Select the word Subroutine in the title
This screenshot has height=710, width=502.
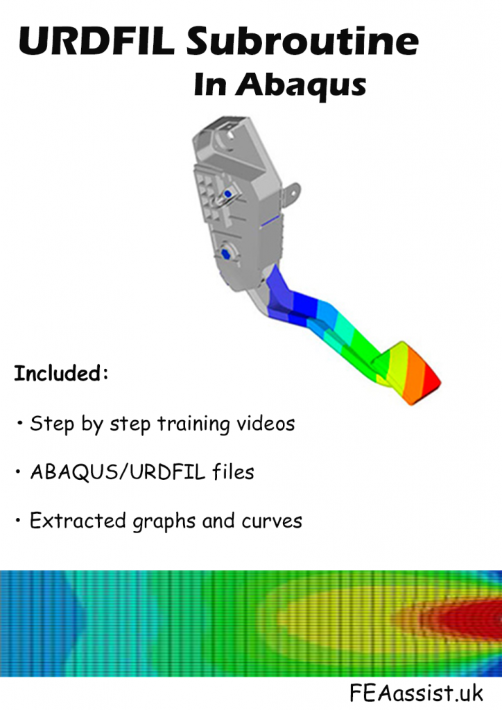coord(302,42)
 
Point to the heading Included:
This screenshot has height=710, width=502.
coord(61,374)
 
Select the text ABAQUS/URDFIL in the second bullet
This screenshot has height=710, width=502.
coord(113,472)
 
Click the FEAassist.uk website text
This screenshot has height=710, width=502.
coord(417,692)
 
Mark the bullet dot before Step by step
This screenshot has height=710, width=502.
coord(18,423)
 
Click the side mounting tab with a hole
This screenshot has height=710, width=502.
coord(293,190)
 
